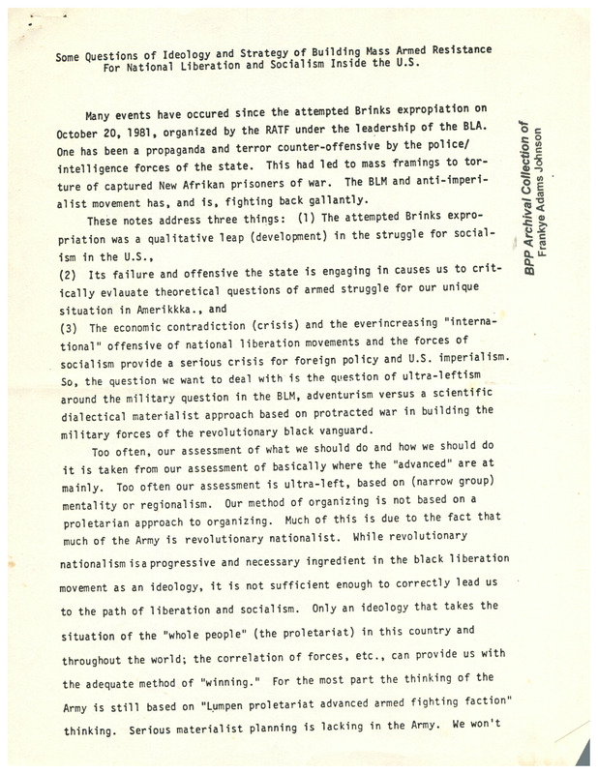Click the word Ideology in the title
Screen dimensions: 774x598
(x=192, y=49)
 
